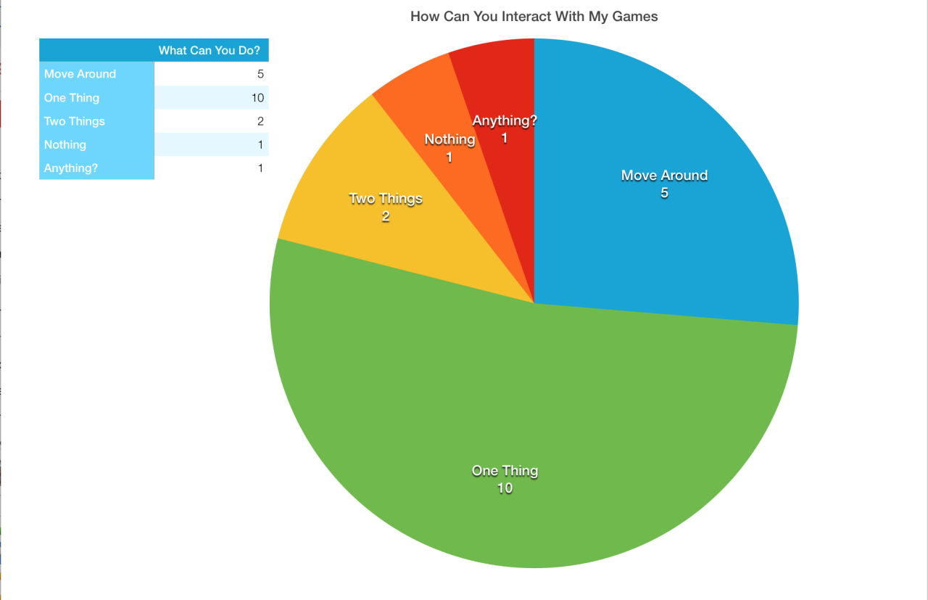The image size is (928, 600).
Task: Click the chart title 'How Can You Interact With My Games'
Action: pyautogui.click(x=534, y=16)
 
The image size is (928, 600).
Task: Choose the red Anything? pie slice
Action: pyautogui.click(x=500, y=80)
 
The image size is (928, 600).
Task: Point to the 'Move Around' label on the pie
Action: pyautogui.click(x=664, y=176)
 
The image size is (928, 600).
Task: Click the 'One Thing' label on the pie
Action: pyautogui.click(x=505, y=471)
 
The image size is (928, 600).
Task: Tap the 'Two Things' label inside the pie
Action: pyautogui.click(x=385, y=199)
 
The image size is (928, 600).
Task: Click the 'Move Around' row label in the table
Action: pyautogui.click(x=80, y=74)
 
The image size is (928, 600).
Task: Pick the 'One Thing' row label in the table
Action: pyautogui.click(x=72, y=98)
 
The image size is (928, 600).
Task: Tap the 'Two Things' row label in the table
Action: pyautogui.click(x=75, y=121)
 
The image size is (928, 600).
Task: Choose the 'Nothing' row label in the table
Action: pyautogui.click(x=65, y=145)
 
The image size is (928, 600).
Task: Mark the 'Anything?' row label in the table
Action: pyautogui.click(x=71, y=168)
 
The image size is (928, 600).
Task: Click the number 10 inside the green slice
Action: pyautogui.click(x=505, y=489)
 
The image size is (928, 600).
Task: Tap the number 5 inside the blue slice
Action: pyautogui.click(x=664, y=194)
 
